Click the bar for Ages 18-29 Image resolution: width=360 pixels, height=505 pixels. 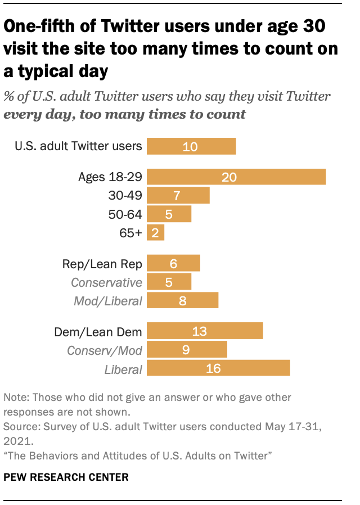236,177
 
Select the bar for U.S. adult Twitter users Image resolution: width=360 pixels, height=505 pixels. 191,146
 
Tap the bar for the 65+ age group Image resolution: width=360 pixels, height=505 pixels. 155,232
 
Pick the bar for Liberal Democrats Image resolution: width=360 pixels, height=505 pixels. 218,368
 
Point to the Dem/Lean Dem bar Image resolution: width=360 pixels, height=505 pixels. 205,331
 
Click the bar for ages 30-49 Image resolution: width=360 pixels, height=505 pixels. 178,195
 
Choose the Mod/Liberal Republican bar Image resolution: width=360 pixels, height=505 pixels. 182,300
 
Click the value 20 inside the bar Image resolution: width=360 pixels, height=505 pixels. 229,177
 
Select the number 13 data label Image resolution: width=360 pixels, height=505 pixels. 200,331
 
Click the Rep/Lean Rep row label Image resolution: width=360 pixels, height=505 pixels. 102,263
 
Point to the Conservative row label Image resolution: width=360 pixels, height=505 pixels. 106,282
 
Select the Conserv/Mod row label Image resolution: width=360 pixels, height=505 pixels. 105,350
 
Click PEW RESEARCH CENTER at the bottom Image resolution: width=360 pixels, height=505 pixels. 66,477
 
